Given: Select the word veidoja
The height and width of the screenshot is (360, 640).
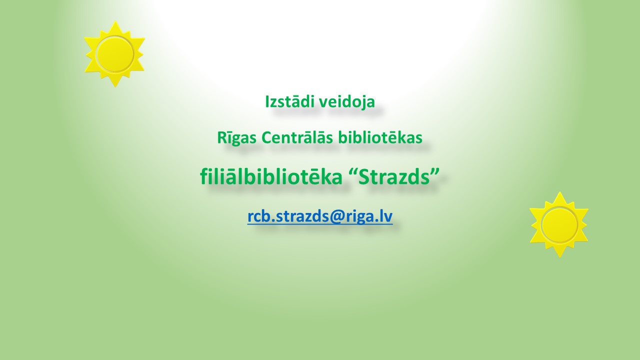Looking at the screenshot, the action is pos(345,102).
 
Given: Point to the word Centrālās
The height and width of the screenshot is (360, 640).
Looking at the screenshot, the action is pos(297,137).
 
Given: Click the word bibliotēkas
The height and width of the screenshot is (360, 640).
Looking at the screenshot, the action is pos(380,137).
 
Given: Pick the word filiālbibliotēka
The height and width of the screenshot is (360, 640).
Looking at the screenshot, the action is pos(271,176).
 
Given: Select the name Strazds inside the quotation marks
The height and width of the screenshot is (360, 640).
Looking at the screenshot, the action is pos(394,176).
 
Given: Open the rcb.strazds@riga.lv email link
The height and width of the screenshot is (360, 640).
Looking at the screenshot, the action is pos(320,216).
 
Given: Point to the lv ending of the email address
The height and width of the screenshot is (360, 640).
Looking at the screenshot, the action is pos(386,216).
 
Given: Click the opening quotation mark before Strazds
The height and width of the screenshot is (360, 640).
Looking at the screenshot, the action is pos(353,171).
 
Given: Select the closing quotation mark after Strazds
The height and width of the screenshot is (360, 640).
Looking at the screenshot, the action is pos(435,171).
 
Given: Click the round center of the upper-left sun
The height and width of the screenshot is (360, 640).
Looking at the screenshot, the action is pos(115,54).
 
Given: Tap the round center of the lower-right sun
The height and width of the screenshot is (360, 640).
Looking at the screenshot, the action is pos(559,224).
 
